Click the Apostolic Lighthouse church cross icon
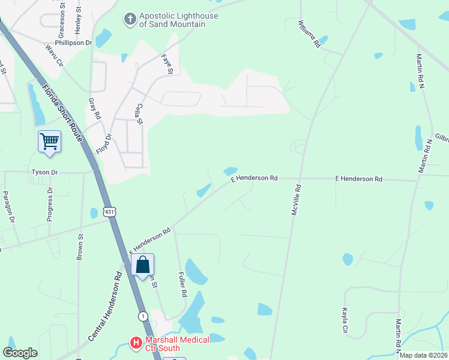tap(128, 20)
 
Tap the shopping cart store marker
tap(49, 142)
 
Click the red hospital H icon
tap(136, 344)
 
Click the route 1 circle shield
tap(143, 316)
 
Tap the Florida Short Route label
tap(61, 114)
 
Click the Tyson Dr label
tap(44, 172)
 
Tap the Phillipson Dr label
tap(73, 43)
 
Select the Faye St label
tap(167, 62)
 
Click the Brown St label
tap(79, 246)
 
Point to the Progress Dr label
tap(50, 204)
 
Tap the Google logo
tap(20, 353)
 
